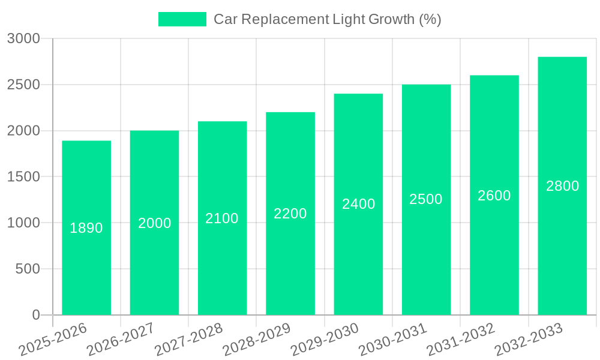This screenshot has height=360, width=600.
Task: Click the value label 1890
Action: [86, 228]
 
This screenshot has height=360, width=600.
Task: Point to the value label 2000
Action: [155, 223]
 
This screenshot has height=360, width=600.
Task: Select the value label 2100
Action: [222, 218]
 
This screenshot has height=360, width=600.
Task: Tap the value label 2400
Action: [359, 204]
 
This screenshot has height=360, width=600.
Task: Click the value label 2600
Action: [494, 196]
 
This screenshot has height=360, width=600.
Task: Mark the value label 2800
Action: [562, 186]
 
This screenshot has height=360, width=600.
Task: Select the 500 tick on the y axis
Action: [28, 269]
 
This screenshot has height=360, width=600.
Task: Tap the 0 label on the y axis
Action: [35, 315]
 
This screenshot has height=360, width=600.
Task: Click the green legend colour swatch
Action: [182, 19]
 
